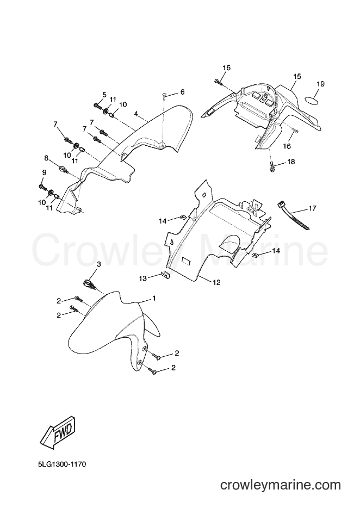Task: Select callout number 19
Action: pos(320,84)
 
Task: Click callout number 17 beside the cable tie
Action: pos(312,208)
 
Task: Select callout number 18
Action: pos(291,162)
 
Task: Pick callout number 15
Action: pos(297,77)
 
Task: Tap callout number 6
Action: pos(182,92)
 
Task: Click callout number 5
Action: pos(104,95)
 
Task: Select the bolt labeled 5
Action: pos(97,106)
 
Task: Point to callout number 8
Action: pos(46,158)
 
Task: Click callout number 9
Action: pos(44,172)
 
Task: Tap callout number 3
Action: pos(99,264)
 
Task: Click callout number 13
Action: pos(143,278)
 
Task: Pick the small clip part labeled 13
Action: pos(165,275)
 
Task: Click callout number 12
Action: pos(216,282)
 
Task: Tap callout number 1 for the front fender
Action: pos(154,298)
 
